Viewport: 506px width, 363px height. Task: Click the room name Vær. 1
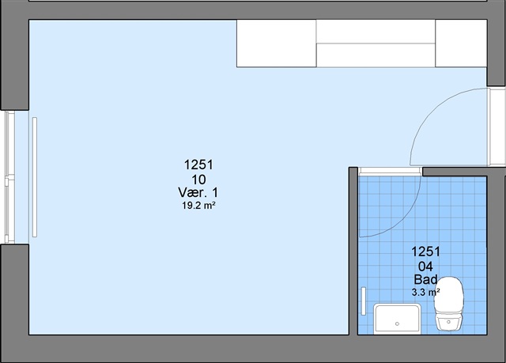click(x=198, y=193)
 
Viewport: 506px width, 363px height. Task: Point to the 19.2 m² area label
click(x=198, y=205)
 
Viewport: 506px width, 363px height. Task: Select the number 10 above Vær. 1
click(x=198, y=180)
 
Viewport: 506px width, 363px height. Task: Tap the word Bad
click(x=425, y=279)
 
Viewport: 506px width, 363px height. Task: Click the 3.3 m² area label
click(x=425, y=293)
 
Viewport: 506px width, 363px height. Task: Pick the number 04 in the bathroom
click(x=425, y=267)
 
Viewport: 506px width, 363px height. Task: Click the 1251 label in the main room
click(x=198, y=164)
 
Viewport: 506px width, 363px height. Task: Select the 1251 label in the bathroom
click(x=425, y=251)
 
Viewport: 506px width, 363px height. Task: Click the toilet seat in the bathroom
click(x=449, y=295)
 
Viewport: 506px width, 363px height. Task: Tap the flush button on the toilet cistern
click(x=448, y=322)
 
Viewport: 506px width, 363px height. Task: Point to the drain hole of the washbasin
click(x=397, y=323)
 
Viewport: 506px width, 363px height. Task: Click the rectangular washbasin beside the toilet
click(x=397, y=319)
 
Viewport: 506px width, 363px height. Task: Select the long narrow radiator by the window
click(x=35, y=177)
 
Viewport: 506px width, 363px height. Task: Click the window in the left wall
click(x=9, y=177)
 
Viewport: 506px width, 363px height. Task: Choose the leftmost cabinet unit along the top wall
click(x=276, y=43)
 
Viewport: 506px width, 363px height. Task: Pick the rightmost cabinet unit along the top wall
click(x=461, y=43)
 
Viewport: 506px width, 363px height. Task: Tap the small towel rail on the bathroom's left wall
click(x=364, y=301)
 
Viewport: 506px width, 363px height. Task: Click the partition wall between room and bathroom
click(x=353, y=251)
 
